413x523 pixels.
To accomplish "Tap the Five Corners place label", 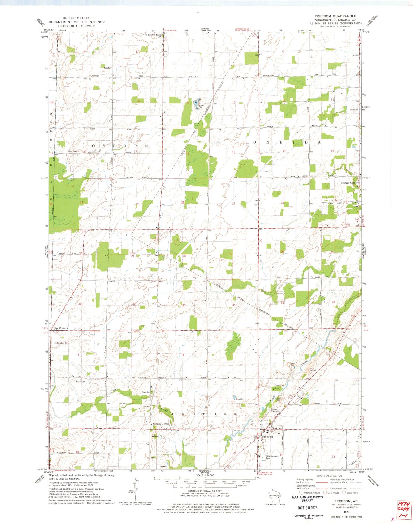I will [x=60, y=328].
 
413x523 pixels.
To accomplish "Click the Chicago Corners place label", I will [x=350, y=183].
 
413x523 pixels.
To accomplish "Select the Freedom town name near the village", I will [x=267, y=437].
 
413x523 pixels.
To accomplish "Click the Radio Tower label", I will [x=73, y=151].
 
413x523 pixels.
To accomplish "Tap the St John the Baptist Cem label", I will [x=154, y=36].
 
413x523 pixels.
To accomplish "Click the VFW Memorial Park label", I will [x=272, y=457].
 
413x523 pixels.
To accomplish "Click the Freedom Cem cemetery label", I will [x=63, y=343].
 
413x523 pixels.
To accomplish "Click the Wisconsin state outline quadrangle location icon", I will [x=274, y=496].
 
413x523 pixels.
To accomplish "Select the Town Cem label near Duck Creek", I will [x=146, y=392].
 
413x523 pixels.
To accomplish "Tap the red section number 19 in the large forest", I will [x=82, y=203].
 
